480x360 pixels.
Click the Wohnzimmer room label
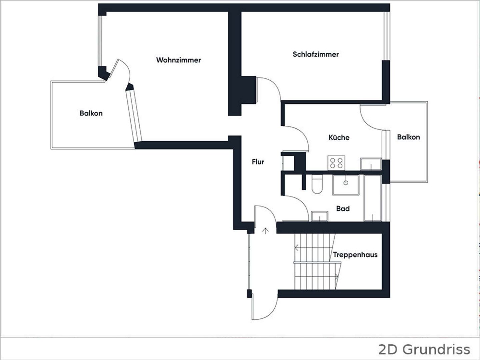click(x=178, y=60)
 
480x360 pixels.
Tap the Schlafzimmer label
click(x=316, y=54)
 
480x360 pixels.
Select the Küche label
click(x=339, y=137)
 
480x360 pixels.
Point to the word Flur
click(x=258, y=162)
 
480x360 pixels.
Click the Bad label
click(x=343, y=209)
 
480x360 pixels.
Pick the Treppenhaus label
click(x=355, y=255)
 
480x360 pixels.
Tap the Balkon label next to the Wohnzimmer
click(x=91, y=113)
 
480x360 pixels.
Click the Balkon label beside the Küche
click(x=408, y=137)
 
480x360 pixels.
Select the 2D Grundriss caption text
click(x=424, y=350)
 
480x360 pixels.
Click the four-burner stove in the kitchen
click(x=336, y=163)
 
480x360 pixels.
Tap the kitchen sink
click(x=371, y=164)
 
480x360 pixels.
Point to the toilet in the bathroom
click(x=317, y=184)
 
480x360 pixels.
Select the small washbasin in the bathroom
click(x=319, y=216)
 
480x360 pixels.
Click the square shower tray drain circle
click(x=346, y=183)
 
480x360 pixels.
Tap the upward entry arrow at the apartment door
click(x=265, y=231)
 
